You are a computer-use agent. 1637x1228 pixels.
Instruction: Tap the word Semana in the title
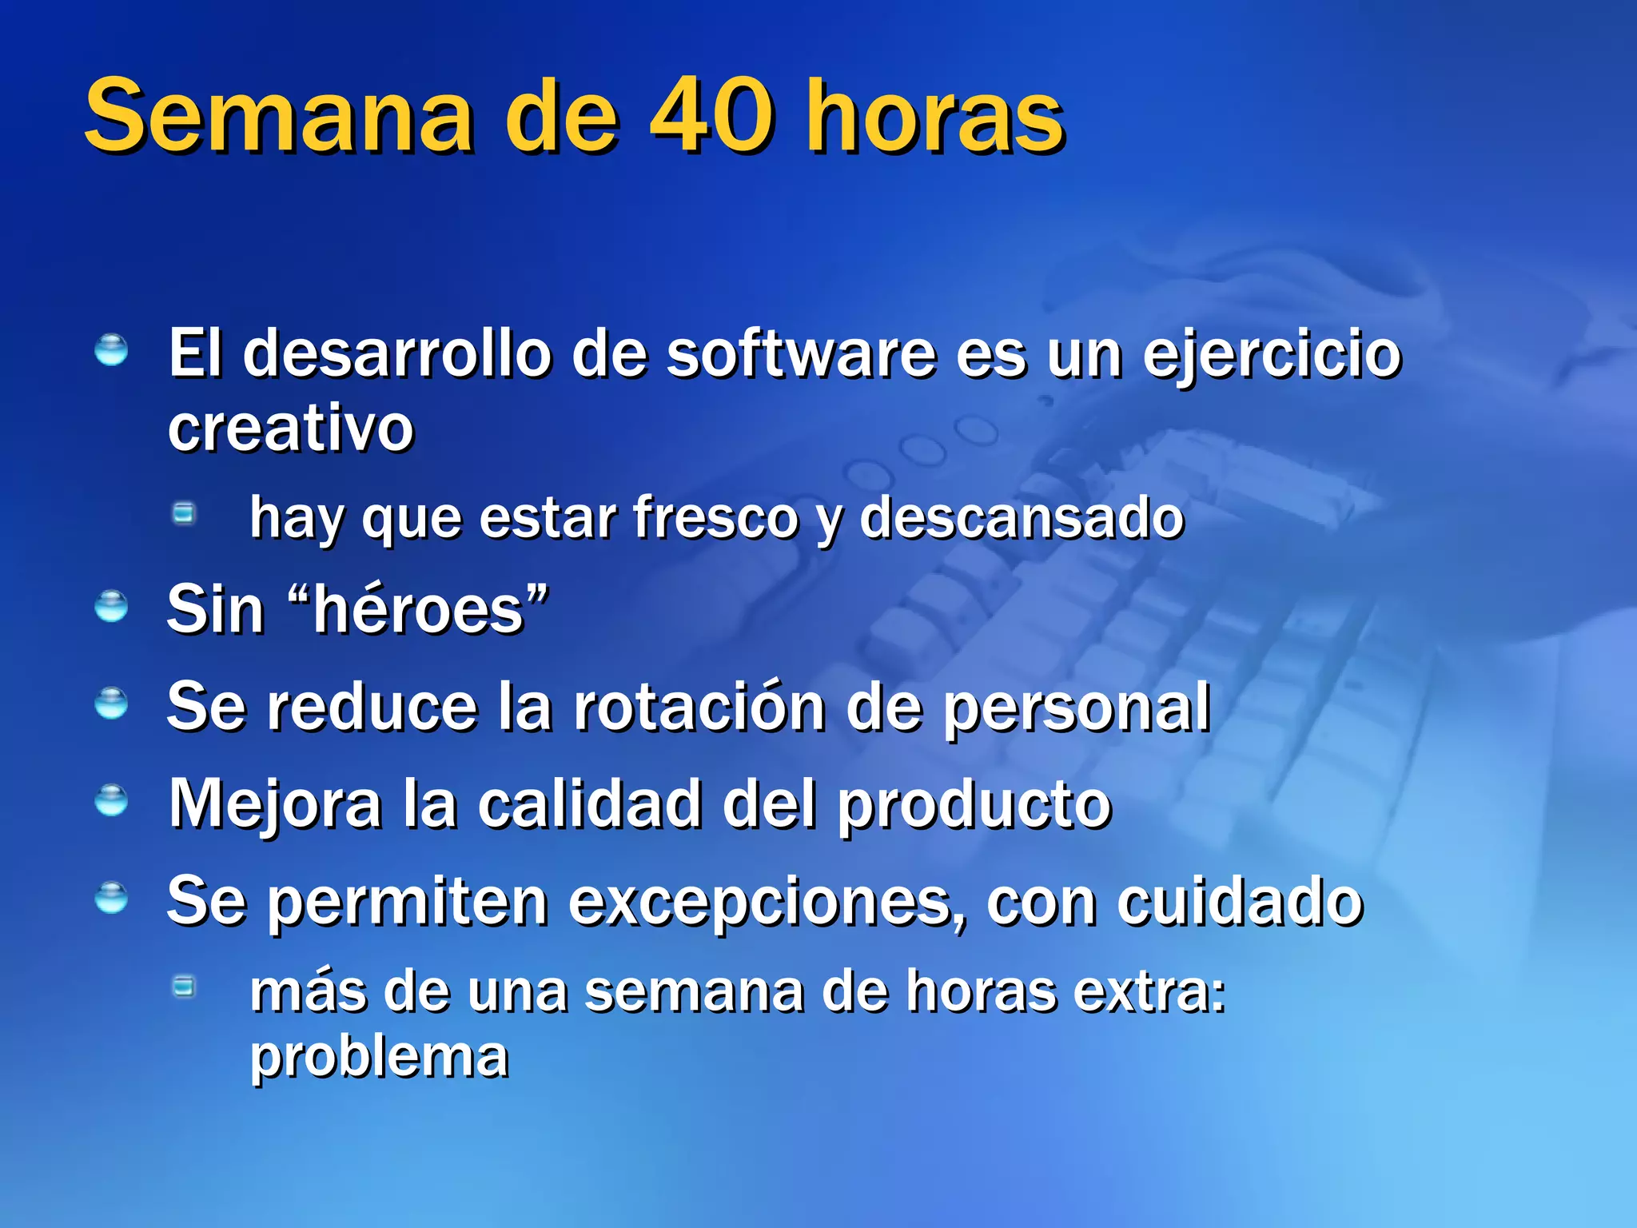point(279,118)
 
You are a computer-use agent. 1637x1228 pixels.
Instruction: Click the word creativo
point(291,429)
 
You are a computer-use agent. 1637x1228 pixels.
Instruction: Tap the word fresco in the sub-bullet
point(715,518)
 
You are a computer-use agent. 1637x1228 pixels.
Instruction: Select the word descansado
point(1022,518)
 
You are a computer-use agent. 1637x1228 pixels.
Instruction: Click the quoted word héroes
point(418,610)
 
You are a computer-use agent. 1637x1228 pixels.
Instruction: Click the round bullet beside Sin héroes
point(111,607)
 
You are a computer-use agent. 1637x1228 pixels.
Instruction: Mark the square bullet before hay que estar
point(185,513)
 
